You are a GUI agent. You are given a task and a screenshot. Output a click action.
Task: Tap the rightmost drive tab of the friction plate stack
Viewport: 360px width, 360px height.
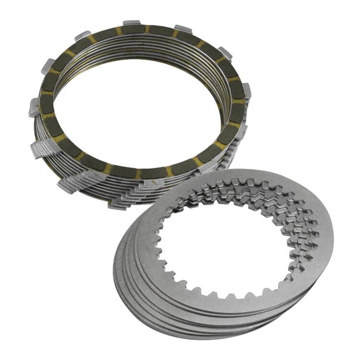click(247, 90)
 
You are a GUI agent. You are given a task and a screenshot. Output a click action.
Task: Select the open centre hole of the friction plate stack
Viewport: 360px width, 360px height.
click(139, 106)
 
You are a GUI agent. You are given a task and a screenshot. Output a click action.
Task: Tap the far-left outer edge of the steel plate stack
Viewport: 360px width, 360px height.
click(115, 269)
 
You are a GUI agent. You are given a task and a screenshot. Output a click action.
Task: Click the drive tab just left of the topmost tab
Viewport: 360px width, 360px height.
click(83, 36)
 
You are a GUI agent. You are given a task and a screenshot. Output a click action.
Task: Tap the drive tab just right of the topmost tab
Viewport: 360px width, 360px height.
click(183, 28)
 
